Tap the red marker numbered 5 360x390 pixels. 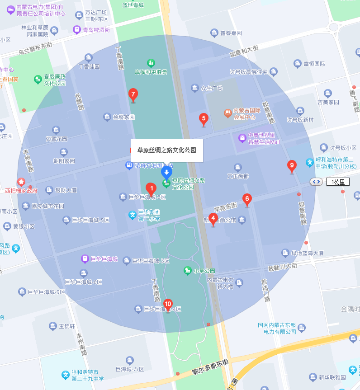204,119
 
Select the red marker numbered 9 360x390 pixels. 292,166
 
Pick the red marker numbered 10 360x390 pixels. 168,305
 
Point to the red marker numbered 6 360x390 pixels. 247,199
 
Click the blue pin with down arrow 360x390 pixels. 167,172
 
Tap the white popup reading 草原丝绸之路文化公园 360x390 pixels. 167,150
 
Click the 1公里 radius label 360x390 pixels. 338,182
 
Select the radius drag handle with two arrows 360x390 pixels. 316,182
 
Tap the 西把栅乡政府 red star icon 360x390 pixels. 21,182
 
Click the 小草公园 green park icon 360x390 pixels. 187,271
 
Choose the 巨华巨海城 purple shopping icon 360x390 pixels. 85,259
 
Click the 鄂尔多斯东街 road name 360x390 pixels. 210,367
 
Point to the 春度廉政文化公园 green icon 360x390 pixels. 38,80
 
